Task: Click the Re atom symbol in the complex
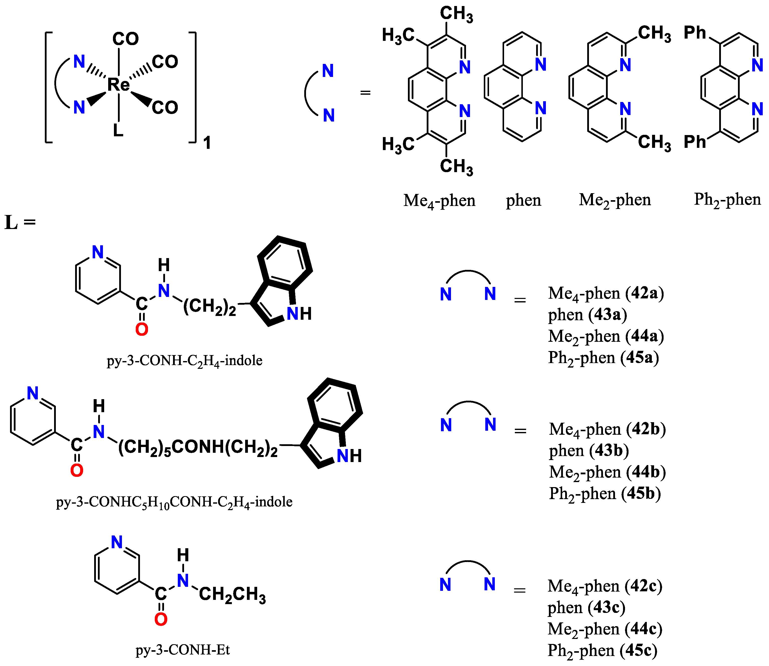[118, 85]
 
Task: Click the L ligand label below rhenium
[118, 130]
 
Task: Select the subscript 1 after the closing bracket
[207, 143]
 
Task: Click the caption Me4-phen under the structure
[439, 201]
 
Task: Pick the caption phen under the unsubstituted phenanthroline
[523, 201]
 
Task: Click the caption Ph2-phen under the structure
[727, 200]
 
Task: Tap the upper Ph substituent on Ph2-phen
[694, 33]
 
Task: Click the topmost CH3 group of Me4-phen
[456, 14]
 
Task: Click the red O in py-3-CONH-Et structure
[161, 619]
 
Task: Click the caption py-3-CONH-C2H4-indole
[185, 361]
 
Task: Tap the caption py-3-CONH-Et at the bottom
[183, 650]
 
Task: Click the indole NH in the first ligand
[299, 314]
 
